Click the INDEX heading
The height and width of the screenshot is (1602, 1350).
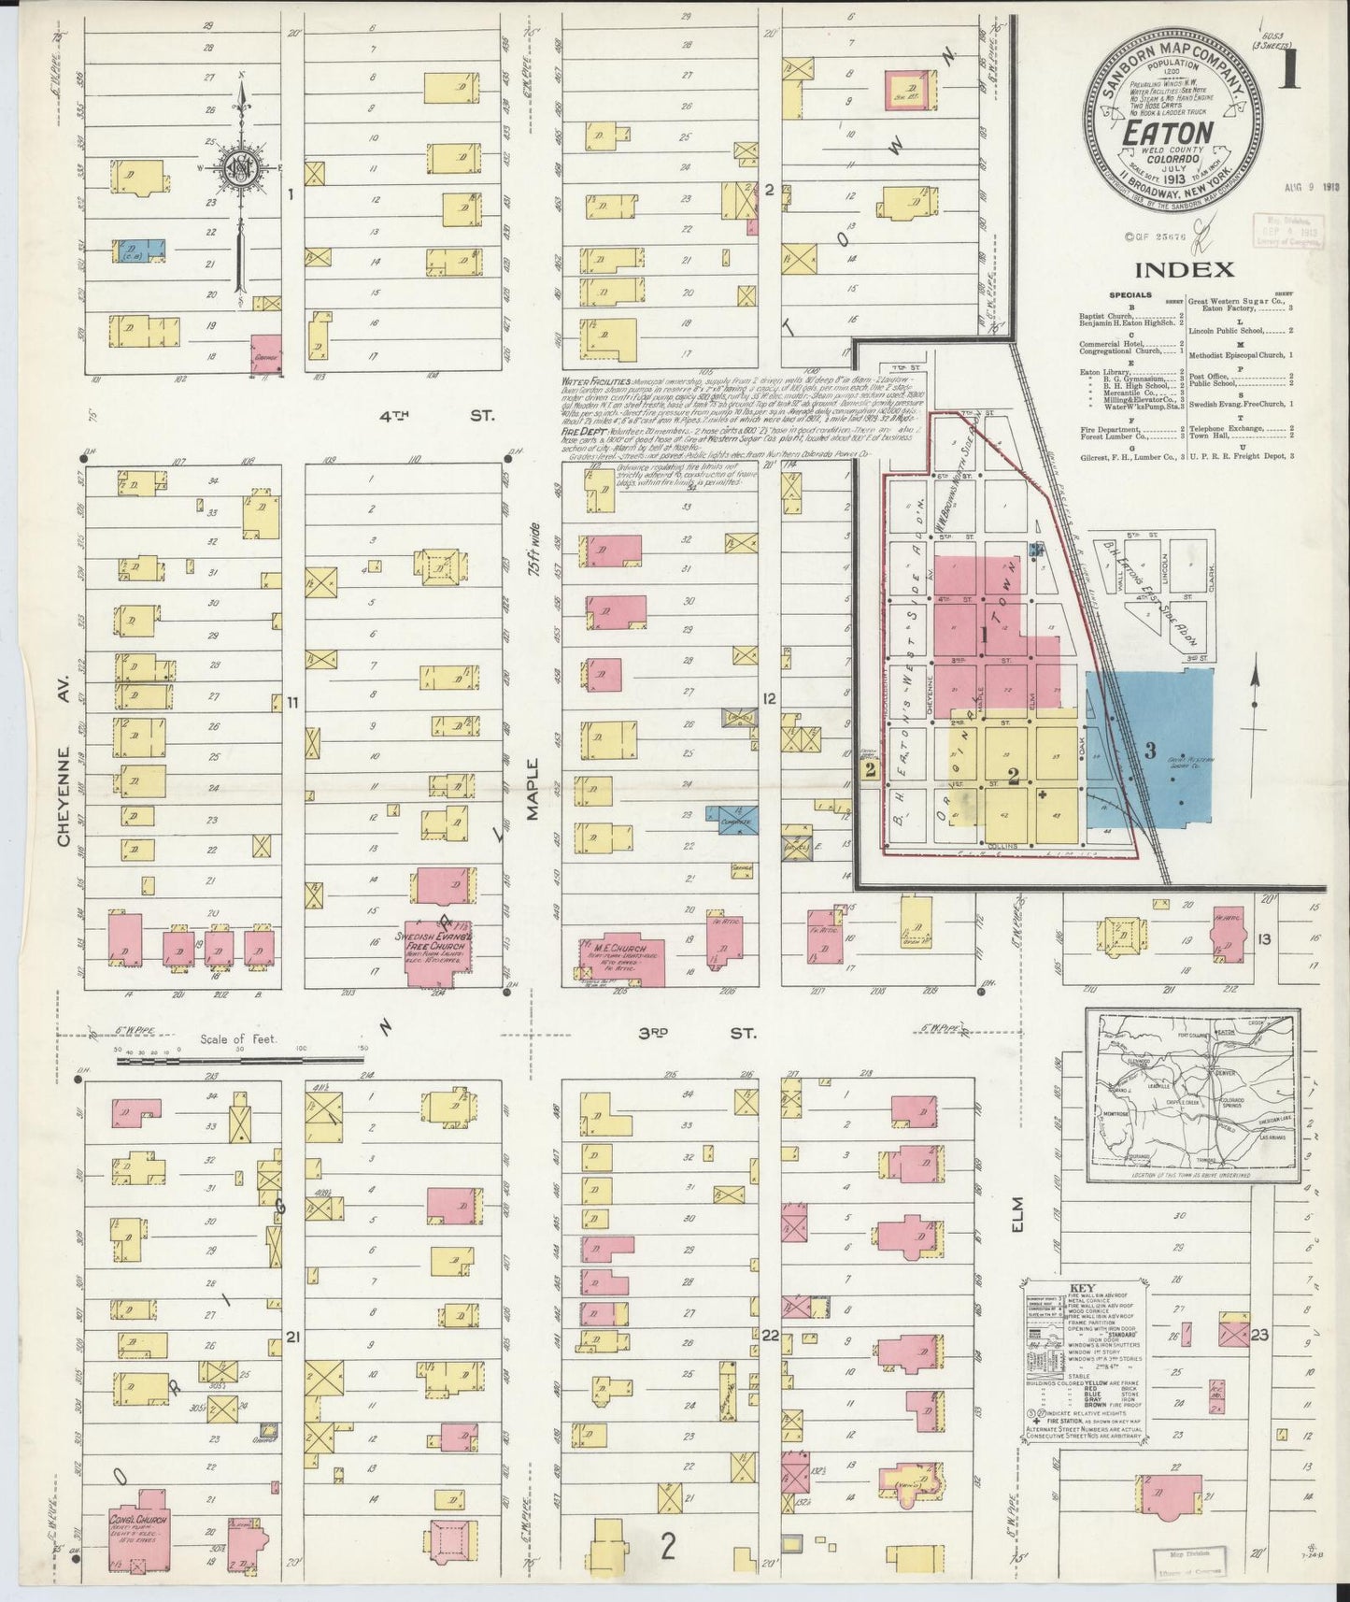[x=1185, y=270]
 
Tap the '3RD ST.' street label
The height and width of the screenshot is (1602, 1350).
[x=692, y=1034]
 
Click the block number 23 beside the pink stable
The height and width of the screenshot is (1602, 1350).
[x=1259, y=1335]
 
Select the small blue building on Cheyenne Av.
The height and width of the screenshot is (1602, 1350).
[x=139, y=250]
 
